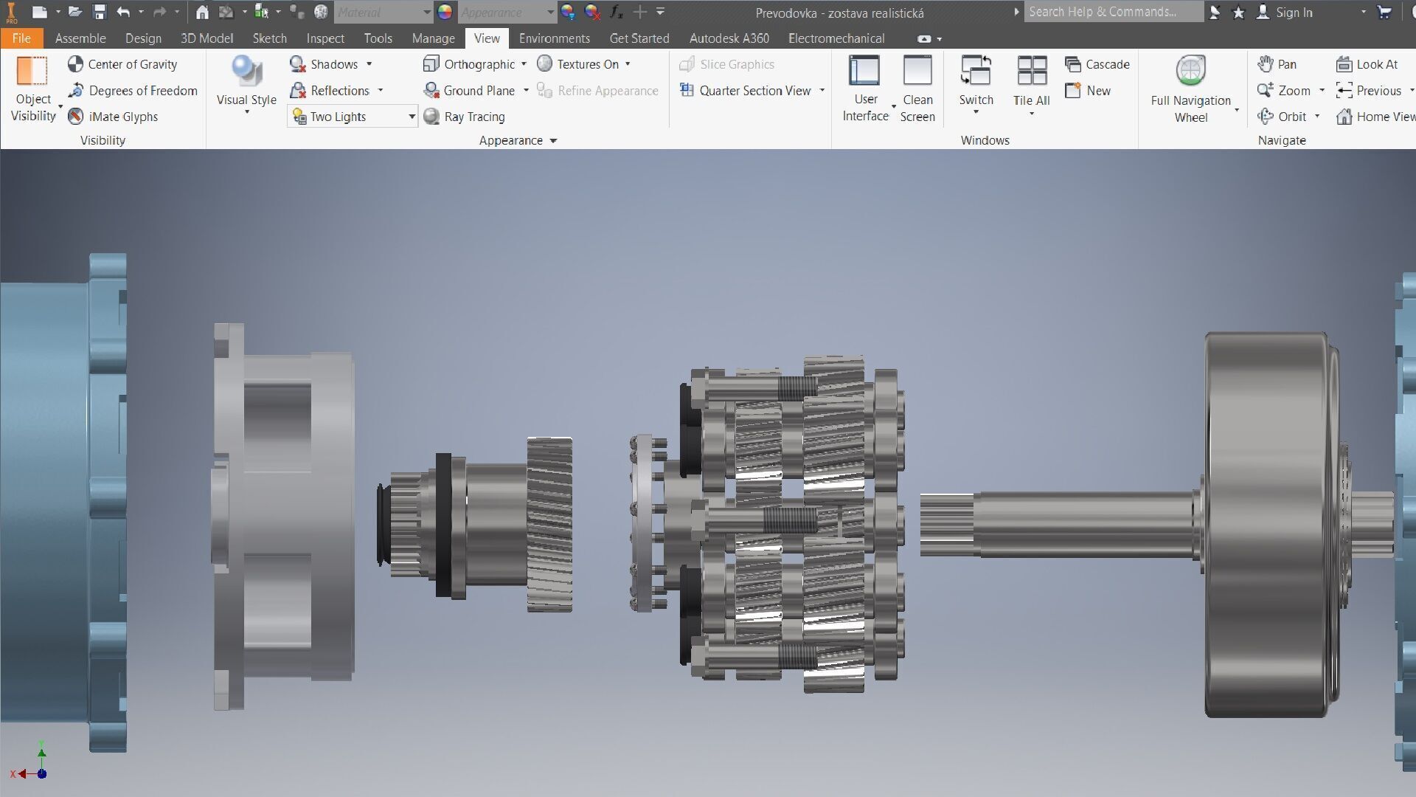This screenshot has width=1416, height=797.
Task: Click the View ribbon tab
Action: pos(486,38)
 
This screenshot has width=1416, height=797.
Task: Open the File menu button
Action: pos(21,38)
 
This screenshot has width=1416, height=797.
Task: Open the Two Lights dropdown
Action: pos(412,117)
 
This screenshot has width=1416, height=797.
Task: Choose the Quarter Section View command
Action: pos(754,91)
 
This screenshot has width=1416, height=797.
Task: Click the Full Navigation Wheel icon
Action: pos(1190,72)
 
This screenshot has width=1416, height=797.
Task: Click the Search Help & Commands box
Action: pos(1112,12)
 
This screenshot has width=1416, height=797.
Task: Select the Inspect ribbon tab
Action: pos(325,38)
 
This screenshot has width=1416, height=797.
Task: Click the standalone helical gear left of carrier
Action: pos(549,524)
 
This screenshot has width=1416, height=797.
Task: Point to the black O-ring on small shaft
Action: pos(381,524)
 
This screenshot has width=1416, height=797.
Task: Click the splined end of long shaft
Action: pos(946,525)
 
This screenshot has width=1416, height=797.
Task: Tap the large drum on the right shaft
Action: pos(1265,524)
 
